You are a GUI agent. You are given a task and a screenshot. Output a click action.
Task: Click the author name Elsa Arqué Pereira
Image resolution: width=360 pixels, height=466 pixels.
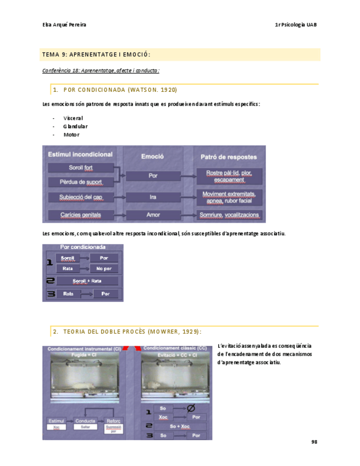64,25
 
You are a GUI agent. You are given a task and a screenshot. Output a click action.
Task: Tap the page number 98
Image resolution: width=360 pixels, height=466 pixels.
314,441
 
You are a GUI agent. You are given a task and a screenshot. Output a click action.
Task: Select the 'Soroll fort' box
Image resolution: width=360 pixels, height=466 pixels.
81,168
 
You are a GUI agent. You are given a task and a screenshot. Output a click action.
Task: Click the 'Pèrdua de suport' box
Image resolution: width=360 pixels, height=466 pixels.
81,181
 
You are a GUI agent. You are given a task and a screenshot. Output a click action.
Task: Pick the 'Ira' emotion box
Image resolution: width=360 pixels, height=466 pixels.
153,196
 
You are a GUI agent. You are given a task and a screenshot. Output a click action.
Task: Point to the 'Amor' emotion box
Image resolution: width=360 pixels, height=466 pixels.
153,214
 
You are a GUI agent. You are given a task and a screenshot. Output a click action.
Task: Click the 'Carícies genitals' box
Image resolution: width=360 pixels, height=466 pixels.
81,214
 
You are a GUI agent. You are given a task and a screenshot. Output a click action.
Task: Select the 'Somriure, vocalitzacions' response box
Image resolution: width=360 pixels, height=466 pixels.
231,214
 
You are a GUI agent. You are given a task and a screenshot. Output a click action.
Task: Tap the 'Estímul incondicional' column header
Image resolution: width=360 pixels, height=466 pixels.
81,154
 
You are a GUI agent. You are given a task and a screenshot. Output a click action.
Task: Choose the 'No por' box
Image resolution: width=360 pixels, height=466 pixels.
104,269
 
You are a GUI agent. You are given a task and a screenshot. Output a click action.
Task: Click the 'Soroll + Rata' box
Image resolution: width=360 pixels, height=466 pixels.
87,281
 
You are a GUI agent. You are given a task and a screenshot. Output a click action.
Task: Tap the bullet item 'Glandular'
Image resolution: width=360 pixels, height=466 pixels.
75,126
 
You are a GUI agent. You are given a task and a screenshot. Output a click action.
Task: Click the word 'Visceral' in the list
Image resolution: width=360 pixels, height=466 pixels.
73,118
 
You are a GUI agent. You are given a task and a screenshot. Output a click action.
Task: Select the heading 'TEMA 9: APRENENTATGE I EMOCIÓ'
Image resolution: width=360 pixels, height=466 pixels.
96,54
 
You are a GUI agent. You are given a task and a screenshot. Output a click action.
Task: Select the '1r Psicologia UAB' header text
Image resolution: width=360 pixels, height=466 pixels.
295,25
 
